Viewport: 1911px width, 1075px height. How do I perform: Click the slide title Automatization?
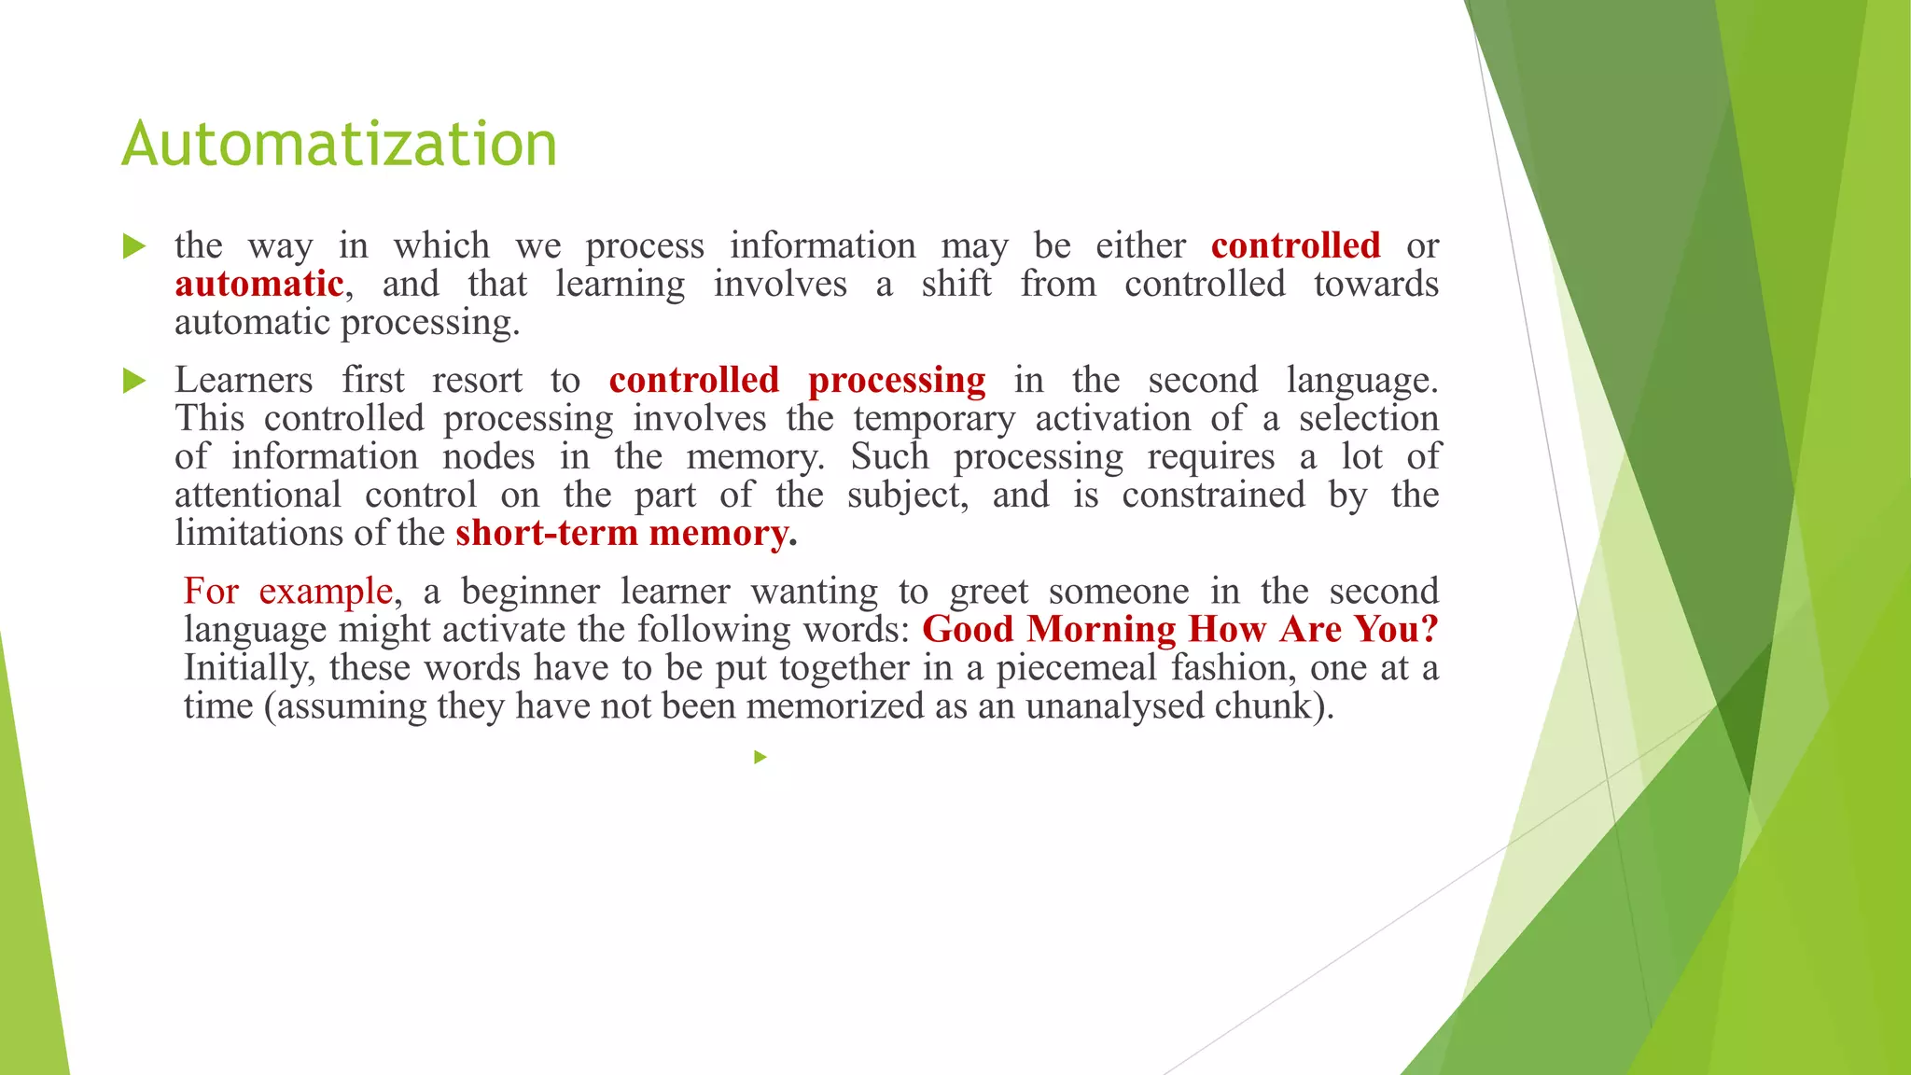coord(339,145)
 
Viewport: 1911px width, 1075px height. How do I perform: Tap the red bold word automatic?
coord(258,284)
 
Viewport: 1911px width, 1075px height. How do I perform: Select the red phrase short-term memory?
coord(621,533)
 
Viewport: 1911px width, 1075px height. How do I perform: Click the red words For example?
coord(287,591)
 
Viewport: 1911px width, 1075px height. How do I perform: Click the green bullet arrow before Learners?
coord(134,381)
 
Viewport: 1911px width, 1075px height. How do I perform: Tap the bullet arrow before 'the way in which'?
coord(134,246)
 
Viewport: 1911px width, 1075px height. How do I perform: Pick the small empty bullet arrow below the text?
coord(760,757)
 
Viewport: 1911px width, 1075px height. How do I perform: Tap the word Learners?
coord(244,380)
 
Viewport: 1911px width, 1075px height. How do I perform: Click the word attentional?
coord(258,495)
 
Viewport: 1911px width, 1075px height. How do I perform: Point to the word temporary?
coord(934,419)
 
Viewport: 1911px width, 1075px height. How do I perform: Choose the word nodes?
coord(488,456)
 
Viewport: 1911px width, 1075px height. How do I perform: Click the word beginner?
coord(530,591)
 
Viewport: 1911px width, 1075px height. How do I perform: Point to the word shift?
coord(956,284)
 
